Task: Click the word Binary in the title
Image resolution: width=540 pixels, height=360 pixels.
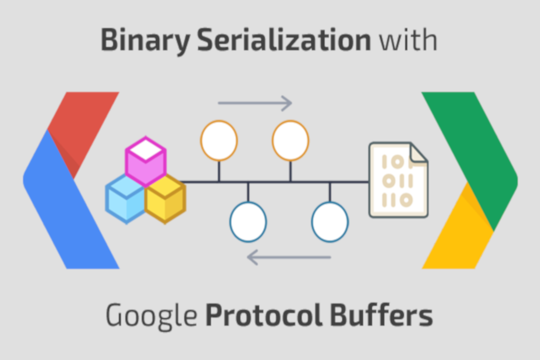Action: click(145, 41)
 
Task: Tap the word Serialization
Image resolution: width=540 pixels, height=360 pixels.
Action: click(284, 40)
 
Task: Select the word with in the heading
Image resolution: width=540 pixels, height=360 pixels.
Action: click(409, 40)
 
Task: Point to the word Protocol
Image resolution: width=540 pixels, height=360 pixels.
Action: click(264, 315)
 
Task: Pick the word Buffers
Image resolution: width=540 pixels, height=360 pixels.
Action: click(382, 315)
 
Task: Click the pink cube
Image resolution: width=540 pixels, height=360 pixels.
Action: click(146, 162)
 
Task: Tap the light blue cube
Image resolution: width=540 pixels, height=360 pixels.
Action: click(126, 199)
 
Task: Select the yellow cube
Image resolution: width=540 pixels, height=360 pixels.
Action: click(166, 199)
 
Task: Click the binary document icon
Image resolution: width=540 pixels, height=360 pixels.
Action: click(399, 180)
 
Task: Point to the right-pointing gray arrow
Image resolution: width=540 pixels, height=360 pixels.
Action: click(255, 103)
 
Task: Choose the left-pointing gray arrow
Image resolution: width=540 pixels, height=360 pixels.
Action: click(289, 257)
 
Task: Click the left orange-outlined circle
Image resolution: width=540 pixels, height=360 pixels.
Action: click(219, 140)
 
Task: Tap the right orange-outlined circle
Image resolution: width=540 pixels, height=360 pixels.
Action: click(291, 140)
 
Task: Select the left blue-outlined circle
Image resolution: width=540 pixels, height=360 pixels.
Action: click(248, 222)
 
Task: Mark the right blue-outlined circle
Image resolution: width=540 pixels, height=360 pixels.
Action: click(330, 222)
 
